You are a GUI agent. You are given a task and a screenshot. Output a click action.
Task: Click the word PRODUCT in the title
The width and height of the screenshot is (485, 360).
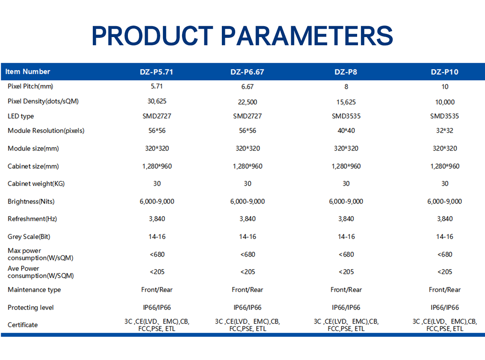point(152,35)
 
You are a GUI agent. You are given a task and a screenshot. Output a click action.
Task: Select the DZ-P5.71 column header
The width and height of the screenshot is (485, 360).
point(157,72)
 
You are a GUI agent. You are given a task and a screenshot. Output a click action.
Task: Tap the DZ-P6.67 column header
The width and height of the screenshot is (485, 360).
point(247,72)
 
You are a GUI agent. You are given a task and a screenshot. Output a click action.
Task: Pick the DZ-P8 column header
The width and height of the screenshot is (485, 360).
point(346,72)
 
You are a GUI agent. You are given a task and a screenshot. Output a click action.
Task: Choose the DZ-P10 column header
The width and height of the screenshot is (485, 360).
point(444,72)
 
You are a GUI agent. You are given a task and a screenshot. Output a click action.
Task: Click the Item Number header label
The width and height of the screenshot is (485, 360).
point(28,71)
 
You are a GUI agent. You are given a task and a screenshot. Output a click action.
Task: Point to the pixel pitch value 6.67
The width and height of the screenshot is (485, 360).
point(247,87)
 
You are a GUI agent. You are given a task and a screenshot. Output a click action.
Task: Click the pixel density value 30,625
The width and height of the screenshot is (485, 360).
point(157,101)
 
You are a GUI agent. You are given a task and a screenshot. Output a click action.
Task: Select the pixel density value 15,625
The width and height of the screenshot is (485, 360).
point(346,102)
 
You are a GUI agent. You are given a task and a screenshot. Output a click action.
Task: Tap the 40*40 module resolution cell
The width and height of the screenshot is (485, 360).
point(346,130)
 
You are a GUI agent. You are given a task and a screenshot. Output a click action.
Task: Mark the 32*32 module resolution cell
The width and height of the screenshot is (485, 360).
point(444,130)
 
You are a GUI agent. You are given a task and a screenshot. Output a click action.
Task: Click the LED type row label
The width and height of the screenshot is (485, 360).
point(21,116)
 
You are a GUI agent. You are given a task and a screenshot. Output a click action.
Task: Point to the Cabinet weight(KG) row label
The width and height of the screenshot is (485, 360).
point(36,184)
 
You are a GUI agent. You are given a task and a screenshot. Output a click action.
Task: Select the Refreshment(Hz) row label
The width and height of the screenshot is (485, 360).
point(32,219)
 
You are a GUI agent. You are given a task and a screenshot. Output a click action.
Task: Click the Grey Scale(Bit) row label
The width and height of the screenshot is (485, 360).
point(29,237)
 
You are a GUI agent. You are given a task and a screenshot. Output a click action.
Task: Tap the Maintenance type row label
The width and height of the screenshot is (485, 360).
point(34,290)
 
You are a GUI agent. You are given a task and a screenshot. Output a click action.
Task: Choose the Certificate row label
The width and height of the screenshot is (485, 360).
point(23,325)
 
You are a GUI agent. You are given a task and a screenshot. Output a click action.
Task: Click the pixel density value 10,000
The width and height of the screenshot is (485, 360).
point(445,102)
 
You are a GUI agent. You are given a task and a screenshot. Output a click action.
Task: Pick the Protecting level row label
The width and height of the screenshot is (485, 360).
point(31,307)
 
